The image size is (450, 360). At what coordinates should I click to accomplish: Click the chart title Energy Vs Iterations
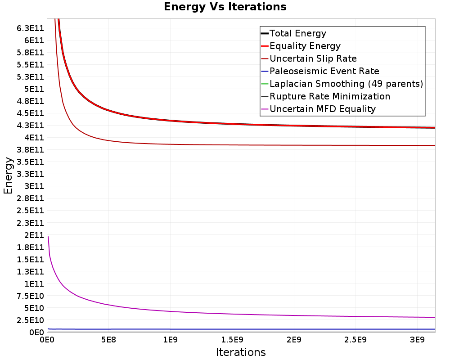225,7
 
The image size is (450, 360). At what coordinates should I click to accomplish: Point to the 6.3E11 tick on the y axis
31,28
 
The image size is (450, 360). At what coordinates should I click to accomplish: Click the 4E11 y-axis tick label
34,138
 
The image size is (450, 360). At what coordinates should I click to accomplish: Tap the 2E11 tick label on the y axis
34,235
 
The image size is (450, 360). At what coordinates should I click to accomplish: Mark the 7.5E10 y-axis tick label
31,296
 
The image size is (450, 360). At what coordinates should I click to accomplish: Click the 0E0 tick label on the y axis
37,333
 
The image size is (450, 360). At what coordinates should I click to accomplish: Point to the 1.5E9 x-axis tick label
232,340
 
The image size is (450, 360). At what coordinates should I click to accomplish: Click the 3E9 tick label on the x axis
417,340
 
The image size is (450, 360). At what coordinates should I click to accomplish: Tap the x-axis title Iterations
241,352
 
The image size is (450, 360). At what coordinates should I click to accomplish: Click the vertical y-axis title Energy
8,175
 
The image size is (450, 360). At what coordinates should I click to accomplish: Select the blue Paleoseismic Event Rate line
241,329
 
